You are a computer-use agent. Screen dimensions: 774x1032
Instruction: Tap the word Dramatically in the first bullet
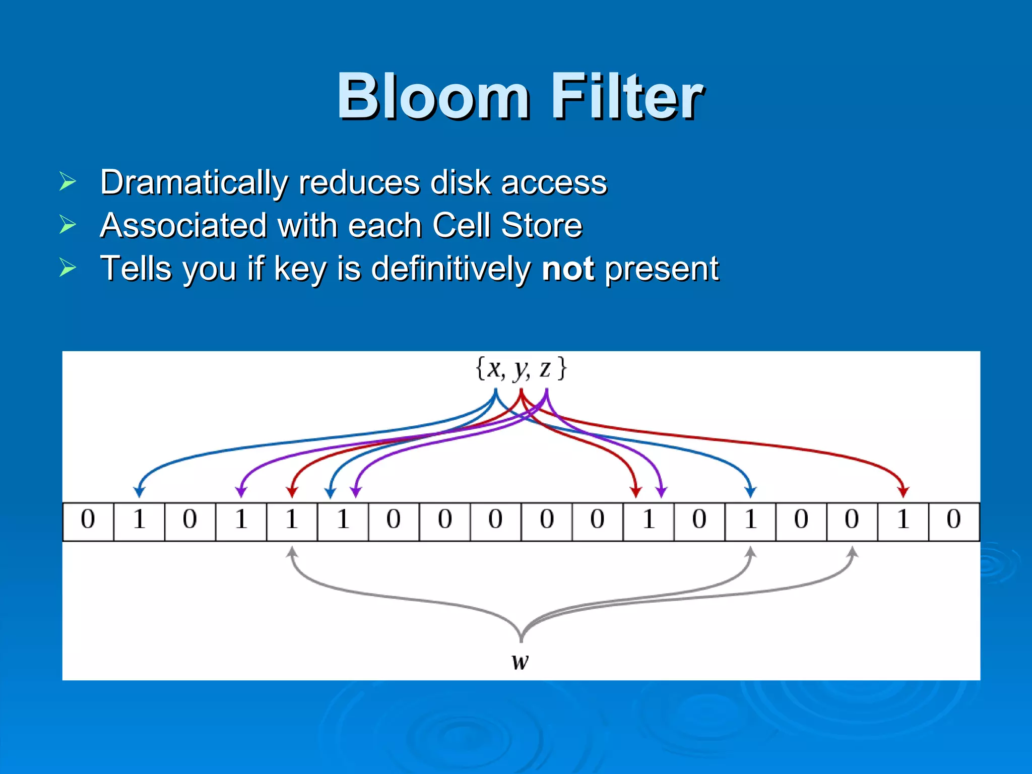click(x=193, y=182)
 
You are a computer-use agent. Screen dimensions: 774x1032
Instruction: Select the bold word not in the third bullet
click(x=567, y=269)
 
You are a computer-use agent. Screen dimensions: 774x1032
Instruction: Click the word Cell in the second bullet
click(x=461, y=225)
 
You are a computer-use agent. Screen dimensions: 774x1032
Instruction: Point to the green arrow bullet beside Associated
click(x=68, y=224)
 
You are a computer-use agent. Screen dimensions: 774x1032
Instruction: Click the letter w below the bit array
click(x=520, y=661)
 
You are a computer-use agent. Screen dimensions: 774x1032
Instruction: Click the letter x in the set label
click(x=495, y=369)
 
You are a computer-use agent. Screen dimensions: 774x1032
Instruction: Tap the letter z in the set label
click(x=545, y=369)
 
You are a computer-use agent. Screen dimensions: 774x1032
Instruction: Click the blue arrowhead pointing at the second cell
click(x=139, y=492)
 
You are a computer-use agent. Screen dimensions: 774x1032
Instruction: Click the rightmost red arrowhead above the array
click(x=903, y=492)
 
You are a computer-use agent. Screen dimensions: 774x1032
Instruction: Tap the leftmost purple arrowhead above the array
click(x=241, y=492)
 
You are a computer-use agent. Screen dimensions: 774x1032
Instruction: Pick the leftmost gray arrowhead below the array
click(x=292, y=552)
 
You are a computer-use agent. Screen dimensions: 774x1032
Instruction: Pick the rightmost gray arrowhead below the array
click(x=852, y=552)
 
